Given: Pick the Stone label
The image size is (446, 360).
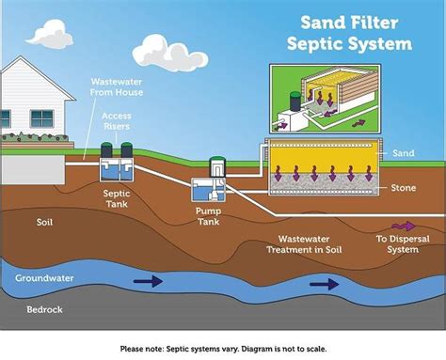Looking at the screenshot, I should pos(404,188).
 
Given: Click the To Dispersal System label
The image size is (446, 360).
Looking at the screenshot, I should pos(403,243).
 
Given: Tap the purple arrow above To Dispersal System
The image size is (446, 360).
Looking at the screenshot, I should pos(402,226).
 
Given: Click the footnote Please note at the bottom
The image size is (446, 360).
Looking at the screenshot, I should pos(223,348).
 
